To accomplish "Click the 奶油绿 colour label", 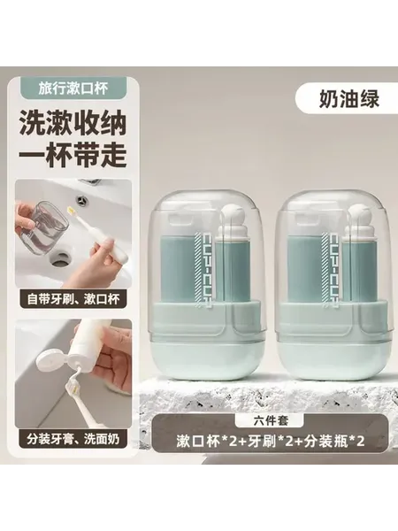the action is [x=349, y=99].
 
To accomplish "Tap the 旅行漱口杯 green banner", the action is [x=73, y=88].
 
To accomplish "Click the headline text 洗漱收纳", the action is [x=73, y=123].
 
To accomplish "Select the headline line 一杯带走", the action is [x=73, y=154].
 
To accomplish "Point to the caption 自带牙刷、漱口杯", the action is [x=73, y=299].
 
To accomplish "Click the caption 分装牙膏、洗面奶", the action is [x=73, y=439].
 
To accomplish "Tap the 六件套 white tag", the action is [x=270, y=420].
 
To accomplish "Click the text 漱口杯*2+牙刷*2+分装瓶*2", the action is [x=270, y=441].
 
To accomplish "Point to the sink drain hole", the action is [x=61, y=258].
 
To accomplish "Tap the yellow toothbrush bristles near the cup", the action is [x=72, y=212].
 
